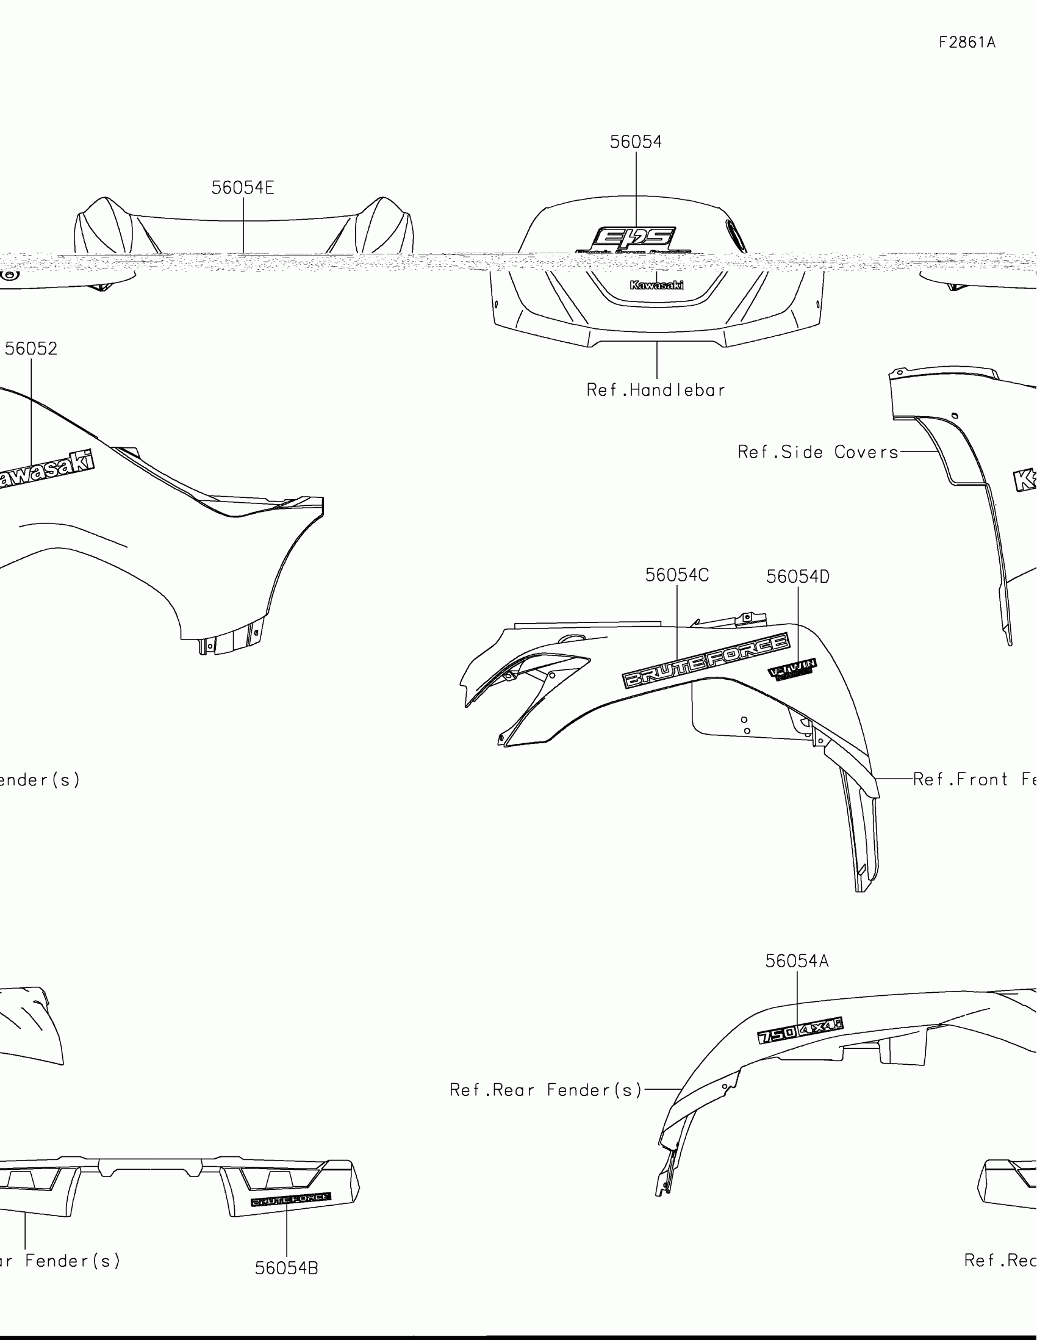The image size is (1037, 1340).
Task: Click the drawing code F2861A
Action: click(967, 42)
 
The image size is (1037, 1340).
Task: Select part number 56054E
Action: click(243, 188)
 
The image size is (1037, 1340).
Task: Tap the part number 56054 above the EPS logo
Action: click(636, 142)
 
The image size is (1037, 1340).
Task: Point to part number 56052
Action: click(31, 348)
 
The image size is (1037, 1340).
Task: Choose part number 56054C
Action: click(677, 575)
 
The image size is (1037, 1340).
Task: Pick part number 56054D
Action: click(798, 576)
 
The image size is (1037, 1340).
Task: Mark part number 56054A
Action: click(797, 961)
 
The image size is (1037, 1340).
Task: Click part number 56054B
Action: click(286, 1268)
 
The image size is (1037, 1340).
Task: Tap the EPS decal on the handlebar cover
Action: click(635, 239)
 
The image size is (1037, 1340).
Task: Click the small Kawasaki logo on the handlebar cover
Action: click(657, 285)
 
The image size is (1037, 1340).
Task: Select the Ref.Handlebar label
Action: click(656, 390)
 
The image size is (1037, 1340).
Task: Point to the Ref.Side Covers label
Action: click(818, 452)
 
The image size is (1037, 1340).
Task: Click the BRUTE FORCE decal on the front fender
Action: click(706, 661)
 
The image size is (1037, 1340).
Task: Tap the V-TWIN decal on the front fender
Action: click(792, 669)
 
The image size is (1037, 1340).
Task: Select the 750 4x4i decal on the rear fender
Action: click(800, 1031)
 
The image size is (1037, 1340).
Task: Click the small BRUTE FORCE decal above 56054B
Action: click(291, 1198)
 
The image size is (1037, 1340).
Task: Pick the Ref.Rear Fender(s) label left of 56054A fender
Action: click(546, 1090)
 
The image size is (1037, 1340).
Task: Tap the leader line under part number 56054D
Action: click(798, 623)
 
